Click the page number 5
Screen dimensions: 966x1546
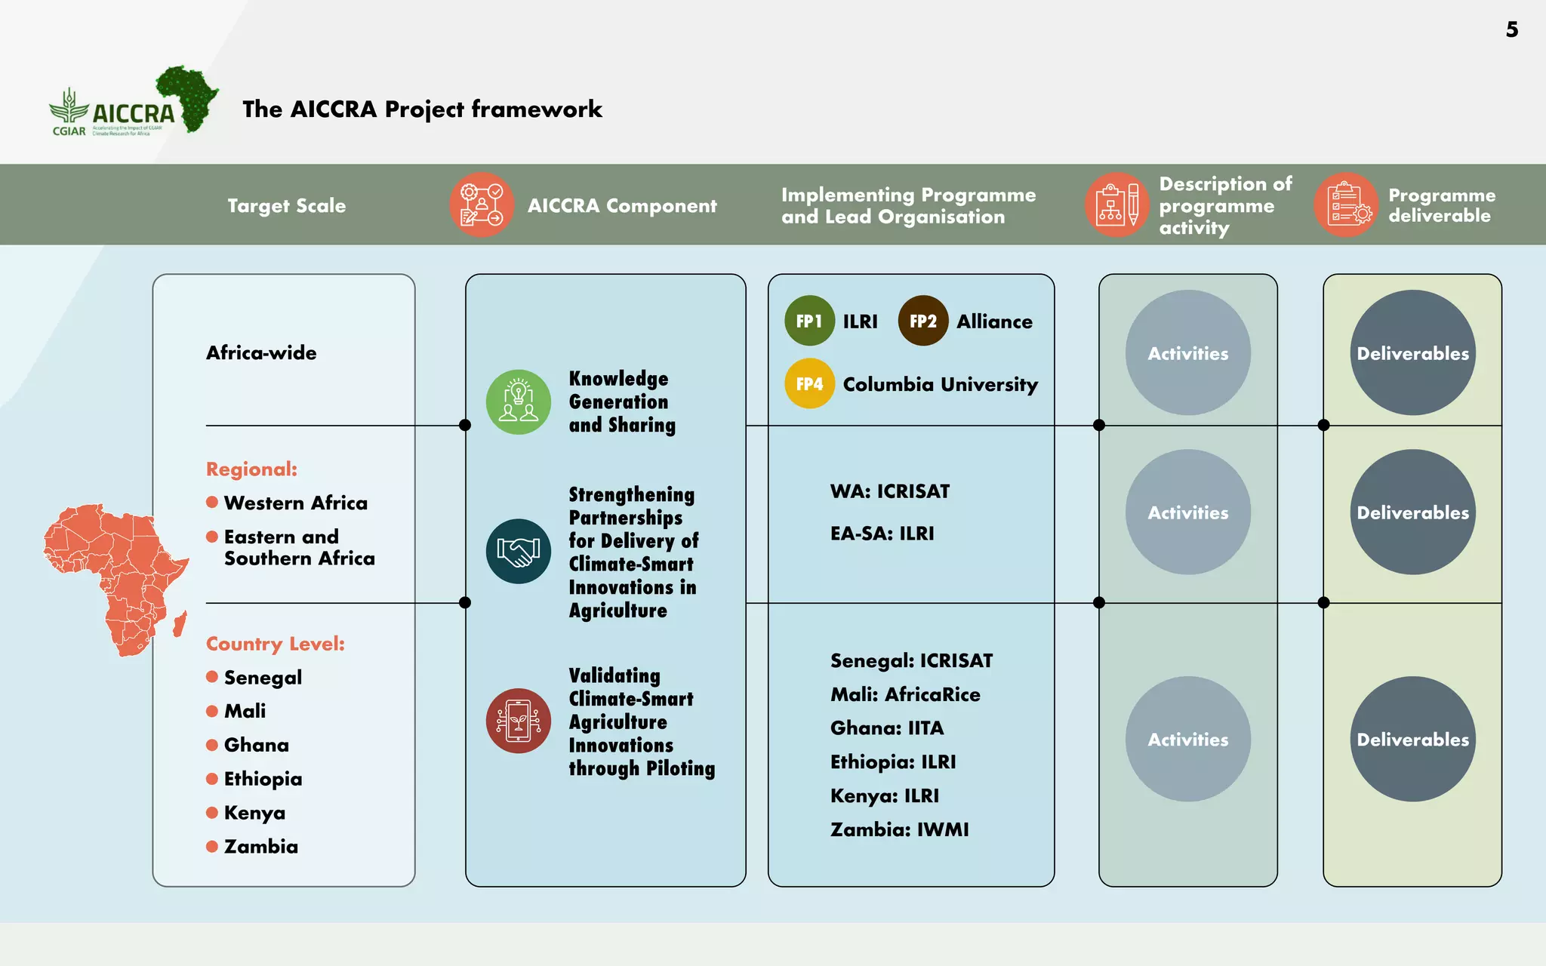point(1511,29)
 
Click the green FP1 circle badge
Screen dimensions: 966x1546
point(809,321)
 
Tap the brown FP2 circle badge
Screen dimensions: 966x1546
point(922,321)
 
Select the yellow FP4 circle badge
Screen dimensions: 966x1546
point(809,383)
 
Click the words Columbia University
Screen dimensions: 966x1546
point(940,384)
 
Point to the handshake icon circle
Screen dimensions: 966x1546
point(519,551)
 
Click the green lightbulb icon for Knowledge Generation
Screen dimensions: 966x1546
point(519,401)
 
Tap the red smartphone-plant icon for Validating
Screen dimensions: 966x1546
point(519,721)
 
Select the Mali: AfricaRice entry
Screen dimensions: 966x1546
point(905,694)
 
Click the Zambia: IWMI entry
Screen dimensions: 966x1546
point(899,829)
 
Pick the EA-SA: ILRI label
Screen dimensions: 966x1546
point(882,534)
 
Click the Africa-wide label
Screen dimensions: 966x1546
point(261,352)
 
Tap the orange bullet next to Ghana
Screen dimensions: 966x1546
point(212,745)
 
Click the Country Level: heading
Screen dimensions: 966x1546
point(275,644)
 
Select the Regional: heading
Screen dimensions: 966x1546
point(251,469)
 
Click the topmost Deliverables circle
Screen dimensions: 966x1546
point(1412,352)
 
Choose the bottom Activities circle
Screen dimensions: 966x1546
point(1187,739)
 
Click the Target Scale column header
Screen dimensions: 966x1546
point(286,205)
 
